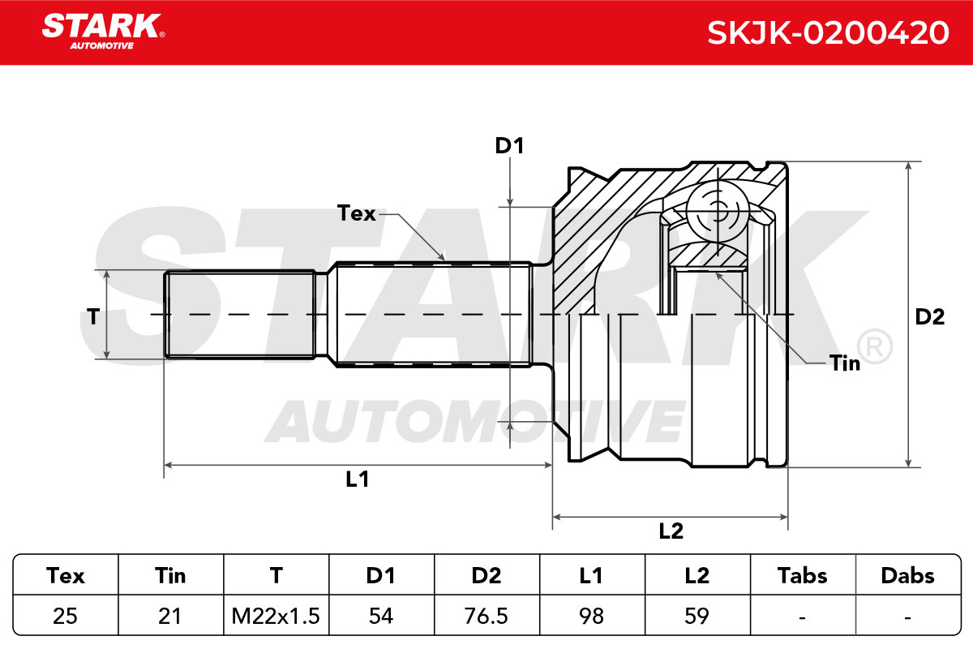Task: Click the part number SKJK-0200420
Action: (x=828, y=32)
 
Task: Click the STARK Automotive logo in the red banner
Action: (x=103, y=31)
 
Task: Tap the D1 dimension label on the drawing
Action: (x=509, y=146)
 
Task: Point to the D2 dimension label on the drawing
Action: (x=929, y=317)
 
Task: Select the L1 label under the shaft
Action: (x=357, y=479)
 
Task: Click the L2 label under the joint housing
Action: (x=671, y=531)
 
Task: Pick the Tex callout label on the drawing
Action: (x=356, y=213)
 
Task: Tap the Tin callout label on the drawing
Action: (x=844, y=363)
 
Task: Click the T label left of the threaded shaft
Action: (x=93, y=316)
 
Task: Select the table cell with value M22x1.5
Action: (x=276, y=616)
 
